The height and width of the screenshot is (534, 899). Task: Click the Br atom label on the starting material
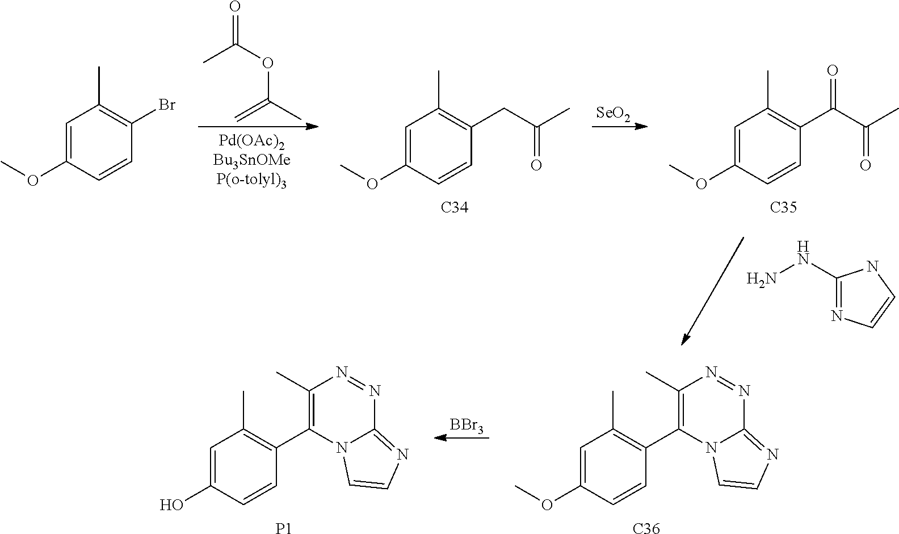[166, 106]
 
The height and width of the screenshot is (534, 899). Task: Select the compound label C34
[455, 208]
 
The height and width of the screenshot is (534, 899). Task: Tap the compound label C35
[783, 208]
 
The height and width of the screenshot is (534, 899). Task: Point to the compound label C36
[646, 528]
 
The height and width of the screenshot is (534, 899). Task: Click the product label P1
[284, 528]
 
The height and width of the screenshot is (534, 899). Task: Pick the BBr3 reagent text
[467, 425]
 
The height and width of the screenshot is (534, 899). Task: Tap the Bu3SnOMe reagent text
[252, 160]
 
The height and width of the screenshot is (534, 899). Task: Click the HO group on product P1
[171, 504]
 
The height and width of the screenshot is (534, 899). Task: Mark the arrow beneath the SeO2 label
[619, 126]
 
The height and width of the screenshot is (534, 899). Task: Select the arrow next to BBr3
[461, 438]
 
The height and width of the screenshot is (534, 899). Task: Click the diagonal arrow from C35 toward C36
[713, 290]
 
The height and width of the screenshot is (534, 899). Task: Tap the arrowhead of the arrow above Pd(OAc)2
[312, 127]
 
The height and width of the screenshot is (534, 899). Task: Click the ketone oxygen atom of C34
[536, 165]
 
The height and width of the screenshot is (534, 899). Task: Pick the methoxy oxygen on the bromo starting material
[33, 180]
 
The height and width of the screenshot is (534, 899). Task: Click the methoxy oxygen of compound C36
[547, 504]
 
